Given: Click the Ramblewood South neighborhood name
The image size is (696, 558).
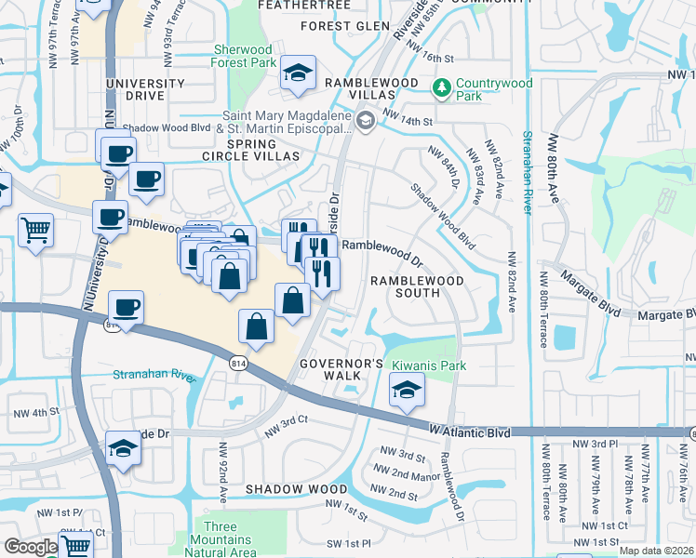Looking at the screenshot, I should click(405, 286).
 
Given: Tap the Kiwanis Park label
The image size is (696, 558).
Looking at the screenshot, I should click(428, 365).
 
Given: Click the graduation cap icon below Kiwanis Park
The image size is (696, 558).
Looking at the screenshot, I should click(406, 391).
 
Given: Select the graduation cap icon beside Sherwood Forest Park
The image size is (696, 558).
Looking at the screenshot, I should click(298, 73).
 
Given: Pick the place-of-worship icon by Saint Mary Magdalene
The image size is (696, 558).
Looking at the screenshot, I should click(365, 119).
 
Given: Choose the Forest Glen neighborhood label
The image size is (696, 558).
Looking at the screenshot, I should click(344, 25).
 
